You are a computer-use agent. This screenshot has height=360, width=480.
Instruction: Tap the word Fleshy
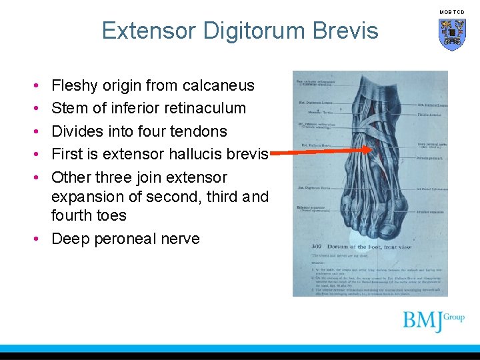coord(73,85)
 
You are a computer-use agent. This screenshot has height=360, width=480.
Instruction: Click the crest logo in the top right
coord(452,33)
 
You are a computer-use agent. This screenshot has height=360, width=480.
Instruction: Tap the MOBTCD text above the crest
coord(452,12)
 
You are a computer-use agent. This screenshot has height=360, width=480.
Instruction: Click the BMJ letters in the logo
coord(423,321)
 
